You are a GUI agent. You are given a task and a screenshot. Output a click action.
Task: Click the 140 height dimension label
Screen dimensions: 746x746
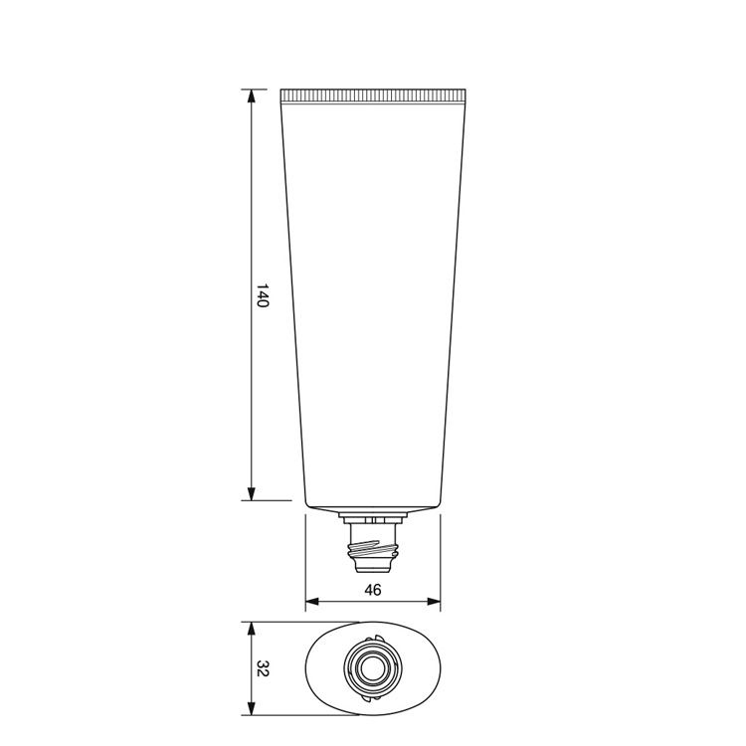click(264, 295)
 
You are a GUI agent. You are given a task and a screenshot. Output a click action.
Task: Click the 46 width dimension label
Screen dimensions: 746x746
click(373, 590)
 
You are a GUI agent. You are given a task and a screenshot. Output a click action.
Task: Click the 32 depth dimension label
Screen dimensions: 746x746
click(264, 668)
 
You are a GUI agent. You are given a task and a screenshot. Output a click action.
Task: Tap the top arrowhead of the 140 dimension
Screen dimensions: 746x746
click(252, 96)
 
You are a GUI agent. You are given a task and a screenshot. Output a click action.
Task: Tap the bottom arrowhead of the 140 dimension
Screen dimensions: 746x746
click(252, 493)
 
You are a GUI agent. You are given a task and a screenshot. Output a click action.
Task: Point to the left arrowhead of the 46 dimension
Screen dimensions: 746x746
click(312, 602)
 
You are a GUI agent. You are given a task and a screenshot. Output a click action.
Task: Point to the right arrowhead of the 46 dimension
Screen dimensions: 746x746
click(434, 602)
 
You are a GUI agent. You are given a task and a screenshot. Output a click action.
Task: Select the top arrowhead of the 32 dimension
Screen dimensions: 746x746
click(252, 629)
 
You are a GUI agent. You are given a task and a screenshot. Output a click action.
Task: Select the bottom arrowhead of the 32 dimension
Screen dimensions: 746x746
click(252, 708)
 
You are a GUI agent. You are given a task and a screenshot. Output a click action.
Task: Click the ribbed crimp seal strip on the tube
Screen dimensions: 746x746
click(373, 95)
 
